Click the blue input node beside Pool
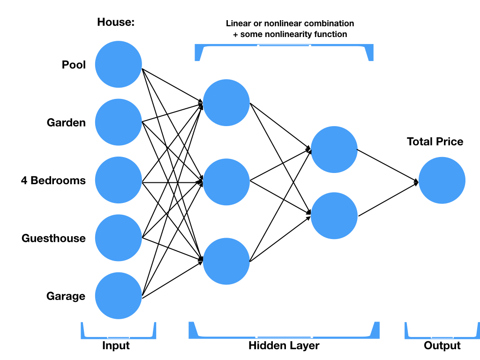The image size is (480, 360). coord(118,64)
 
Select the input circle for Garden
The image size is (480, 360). coord(118,122)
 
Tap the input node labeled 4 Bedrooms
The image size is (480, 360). coord(118,180)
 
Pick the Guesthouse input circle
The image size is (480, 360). coord(118,238)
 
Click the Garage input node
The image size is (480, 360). coord(118,296)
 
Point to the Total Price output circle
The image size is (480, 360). coord(442,180)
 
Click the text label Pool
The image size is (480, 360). coord(74,65)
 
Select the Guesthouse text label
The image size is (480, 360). coord(53,239)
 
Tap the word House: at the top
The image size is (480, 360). coord(115,22)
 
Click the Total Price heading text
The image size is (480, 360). coord(435,142)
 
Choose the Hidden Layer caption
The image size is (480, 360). coord(284,346)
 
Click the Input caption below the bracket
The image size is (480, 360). coord(116,346)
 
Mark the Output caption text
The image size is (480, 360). coord(442,346)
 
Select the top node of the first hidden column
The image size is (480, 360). coord(226,103)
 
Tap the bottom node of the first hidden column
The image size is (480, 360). coord(226,262)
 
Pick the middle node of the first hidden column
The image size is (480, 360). coord(226,182)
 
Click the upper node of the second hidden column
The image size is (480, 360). coord(334,149)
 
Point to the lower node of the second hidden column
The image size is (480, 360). coord(334,216)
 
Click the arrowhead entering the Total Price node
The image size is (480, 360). coord(416,181)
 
